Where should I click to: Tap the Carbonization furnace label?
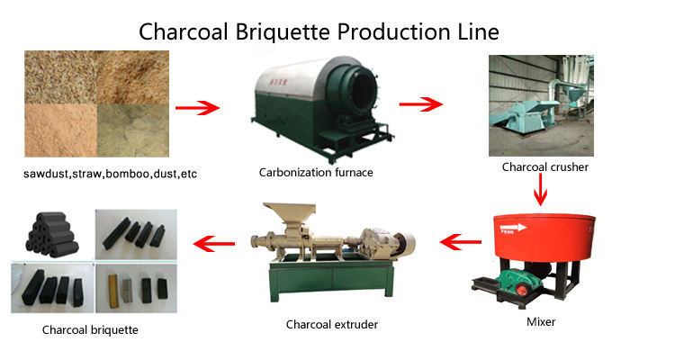coord(316,172)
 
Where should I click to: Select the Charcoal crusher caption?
coord(545,167)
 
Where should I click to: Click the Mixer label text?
coord(541,321)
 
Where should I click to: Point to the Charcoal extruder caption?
coord(332,324)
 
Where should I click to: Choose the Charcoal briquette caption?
coord(90,330)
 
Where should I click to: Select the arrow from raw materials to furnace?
coord(197,108)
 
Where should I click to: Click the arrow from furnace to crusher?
coord(420,104)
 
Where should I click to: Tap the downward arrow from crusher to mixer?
coord(540,190)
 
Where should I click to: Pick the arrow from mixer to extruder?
coord(460,242)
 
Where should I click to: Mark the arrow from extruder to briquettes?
coord(214,244)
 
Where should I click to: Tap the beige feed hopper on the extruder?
coord(291,214)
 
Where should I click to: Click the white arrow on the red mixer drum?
coord(514,227)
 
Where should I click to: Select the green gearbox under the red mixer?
coord(515,282)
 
